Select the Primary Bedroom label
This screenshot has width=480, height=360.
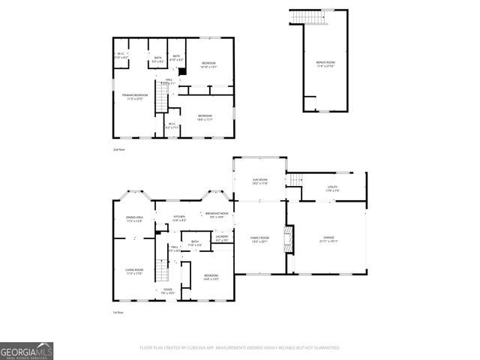click(x=135, y=97)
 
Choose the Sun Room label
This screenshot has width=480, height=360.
click(x=259, y=181)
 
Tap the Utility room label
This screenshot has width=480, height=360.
click(x=332, y=188)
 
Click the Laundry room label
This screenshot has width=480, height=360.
click(x=222, y=238)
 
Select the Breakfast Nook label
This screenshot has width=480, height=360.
click(x=217, y=215)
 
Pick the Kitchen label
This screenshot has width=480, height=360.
click(x=179, y=219)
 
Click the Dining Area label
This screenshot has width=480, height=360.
click(x=134, y=219)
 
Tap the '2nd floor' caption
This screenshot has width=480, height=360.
click(x=118, y=151)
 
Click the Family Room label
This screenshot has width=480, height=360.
click(x=259, y=239)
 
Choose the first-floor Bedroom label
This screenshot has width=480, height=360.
click(x=211, y=277)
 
